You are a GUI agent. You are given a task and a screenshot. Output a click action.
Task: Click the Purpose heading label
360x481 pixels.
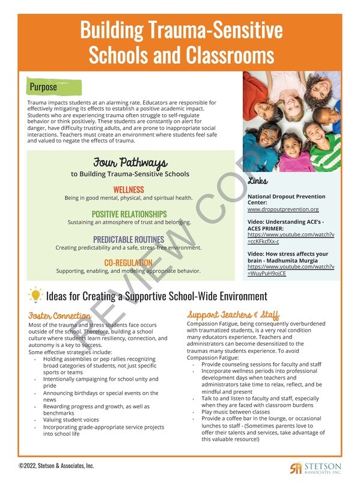tap(44, 87)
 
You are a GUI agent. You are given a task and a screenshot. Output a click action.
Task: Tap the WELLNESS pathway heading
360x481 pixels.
tap(129, 190)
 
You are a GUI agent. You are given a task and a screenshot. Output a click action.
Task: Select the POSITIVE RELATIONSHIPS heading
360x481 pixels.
tap(129, 214)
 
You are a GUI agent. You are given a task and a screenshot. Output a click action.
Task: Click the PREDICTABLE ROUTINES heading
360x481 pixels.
tap(129, 239)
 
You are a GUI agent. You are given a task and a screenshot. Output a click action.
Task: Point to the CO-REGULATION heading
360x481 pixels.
tap(129, 263)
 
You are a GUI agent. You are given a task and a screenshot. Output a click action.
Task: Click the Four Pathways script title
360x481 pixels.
tap(130, 163)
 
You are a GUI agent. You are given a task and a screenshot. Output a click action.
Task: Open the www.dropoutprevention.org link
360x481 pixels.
tap(283, 209)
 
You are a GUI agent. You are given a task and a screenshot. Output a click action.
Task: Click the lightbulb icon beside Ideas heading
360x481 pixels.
tap(35, 295)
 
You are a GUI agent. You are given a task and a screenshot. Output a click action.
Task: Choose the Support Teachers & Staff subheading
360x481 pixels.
tap(233, 315)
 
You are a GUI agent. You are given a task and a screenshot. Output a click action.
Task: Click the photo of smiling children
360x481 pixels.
tap(291, 122)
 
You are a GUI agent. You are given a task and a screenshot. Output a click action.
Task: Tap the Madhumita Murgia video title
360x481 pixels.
tap(288, 257)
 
